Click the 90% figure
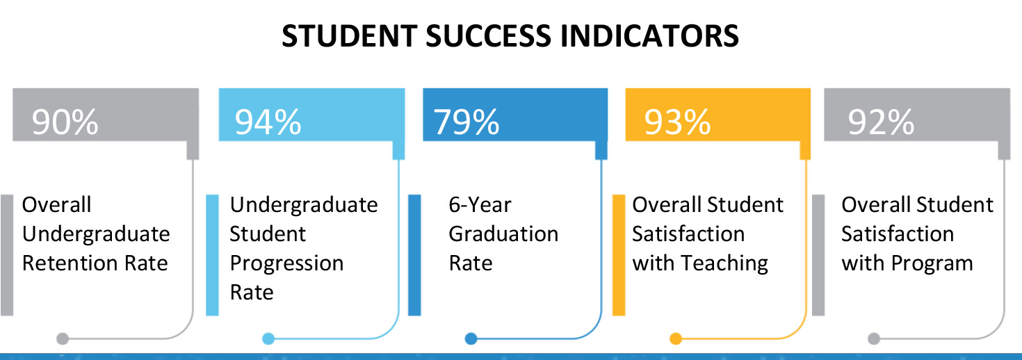[65, 122]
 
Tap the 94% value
[268, 122]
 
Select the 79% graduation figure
[467, 122]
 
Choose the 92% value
[881, 122]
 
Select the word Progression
[286, 263]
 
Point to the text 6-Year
[480, 205]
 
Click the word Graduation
[503, 234]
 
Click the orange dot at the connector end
[675, 339]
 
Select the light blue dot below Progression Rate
[268, 339]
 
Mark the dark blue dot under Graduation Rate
[471, 339]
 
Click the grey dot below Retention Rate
[63, 339]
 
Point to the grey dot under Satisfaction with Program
[874, 339]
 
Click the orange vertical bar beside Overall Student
[618, 255]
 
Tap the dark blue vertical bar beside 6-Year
[414, 255]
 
